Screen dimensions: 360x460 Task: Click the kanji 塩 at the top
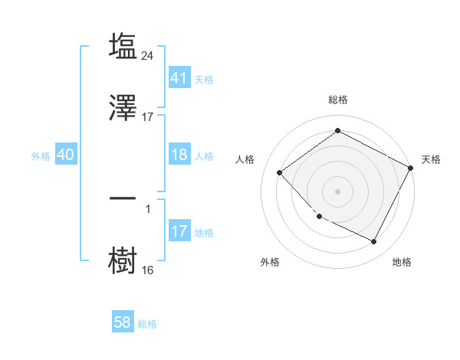click(x=123, y=46)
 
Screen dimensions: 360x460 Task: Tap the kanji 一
click(x=123, y=198)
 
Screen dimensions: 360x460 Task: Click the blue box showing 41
click(x=179, y=77)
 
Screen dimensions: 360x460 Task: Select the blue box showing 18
click(x=179, y=155)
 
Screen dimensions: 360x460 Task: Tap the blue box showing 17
click(x=179, y=231)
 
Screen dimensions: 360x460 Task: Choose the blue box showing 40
click(x=65, y=155)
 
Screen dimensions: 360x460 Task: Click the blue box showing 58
click(x=123, y=322)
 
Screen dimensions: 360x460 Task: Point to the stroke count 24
click(x=149, y=55)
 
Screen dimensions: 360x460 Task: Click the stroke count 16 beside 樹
click(x=148, y=270)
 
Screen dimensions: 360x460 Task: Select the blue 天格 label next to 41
click(x=204, y=79)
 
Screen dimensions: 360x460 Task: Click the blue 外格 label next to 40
click(x=41, y=156)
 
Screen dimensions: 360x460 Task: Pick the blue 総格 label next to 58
click(x=147, y=324)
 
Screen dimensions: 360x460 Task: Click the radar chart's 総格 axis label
click(x=337, y=100)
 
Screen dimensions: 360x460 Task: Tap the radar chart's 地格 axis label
click(x=402, y=262)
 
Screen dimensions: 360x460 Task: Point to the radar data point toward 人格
click(x=280, y=172)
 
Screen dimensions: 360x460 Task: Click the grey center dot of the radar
click(x=337, y=191)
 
